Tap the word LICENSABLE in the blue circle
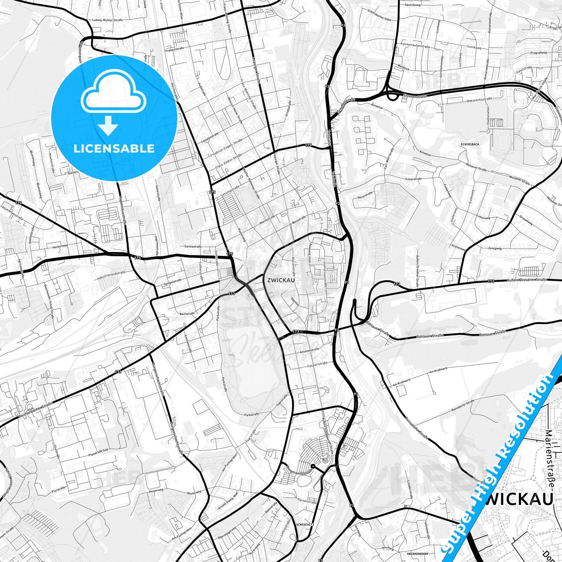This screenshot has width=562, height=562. coord(114,149)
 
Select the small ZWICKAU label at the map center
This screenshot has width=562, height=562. coord(281,280)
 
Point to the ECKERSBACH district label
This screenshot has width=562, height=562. coord(469,144)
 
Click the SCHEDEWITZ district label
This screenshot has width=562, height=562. coord(305,525)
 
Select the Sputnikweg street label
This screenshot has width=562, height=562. coord(413,5)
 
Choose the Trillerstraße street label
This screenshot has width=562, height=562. coord(413,179)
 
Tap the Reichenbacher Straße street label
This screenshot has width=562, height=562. coord(35,411)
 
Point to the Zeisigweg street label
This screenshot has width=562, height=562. coord(495,248)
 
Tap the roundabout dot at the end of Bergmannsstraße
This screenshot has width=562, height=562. coord(313,466)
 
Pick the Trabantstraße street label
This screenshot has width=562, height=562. coord(175,50)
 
